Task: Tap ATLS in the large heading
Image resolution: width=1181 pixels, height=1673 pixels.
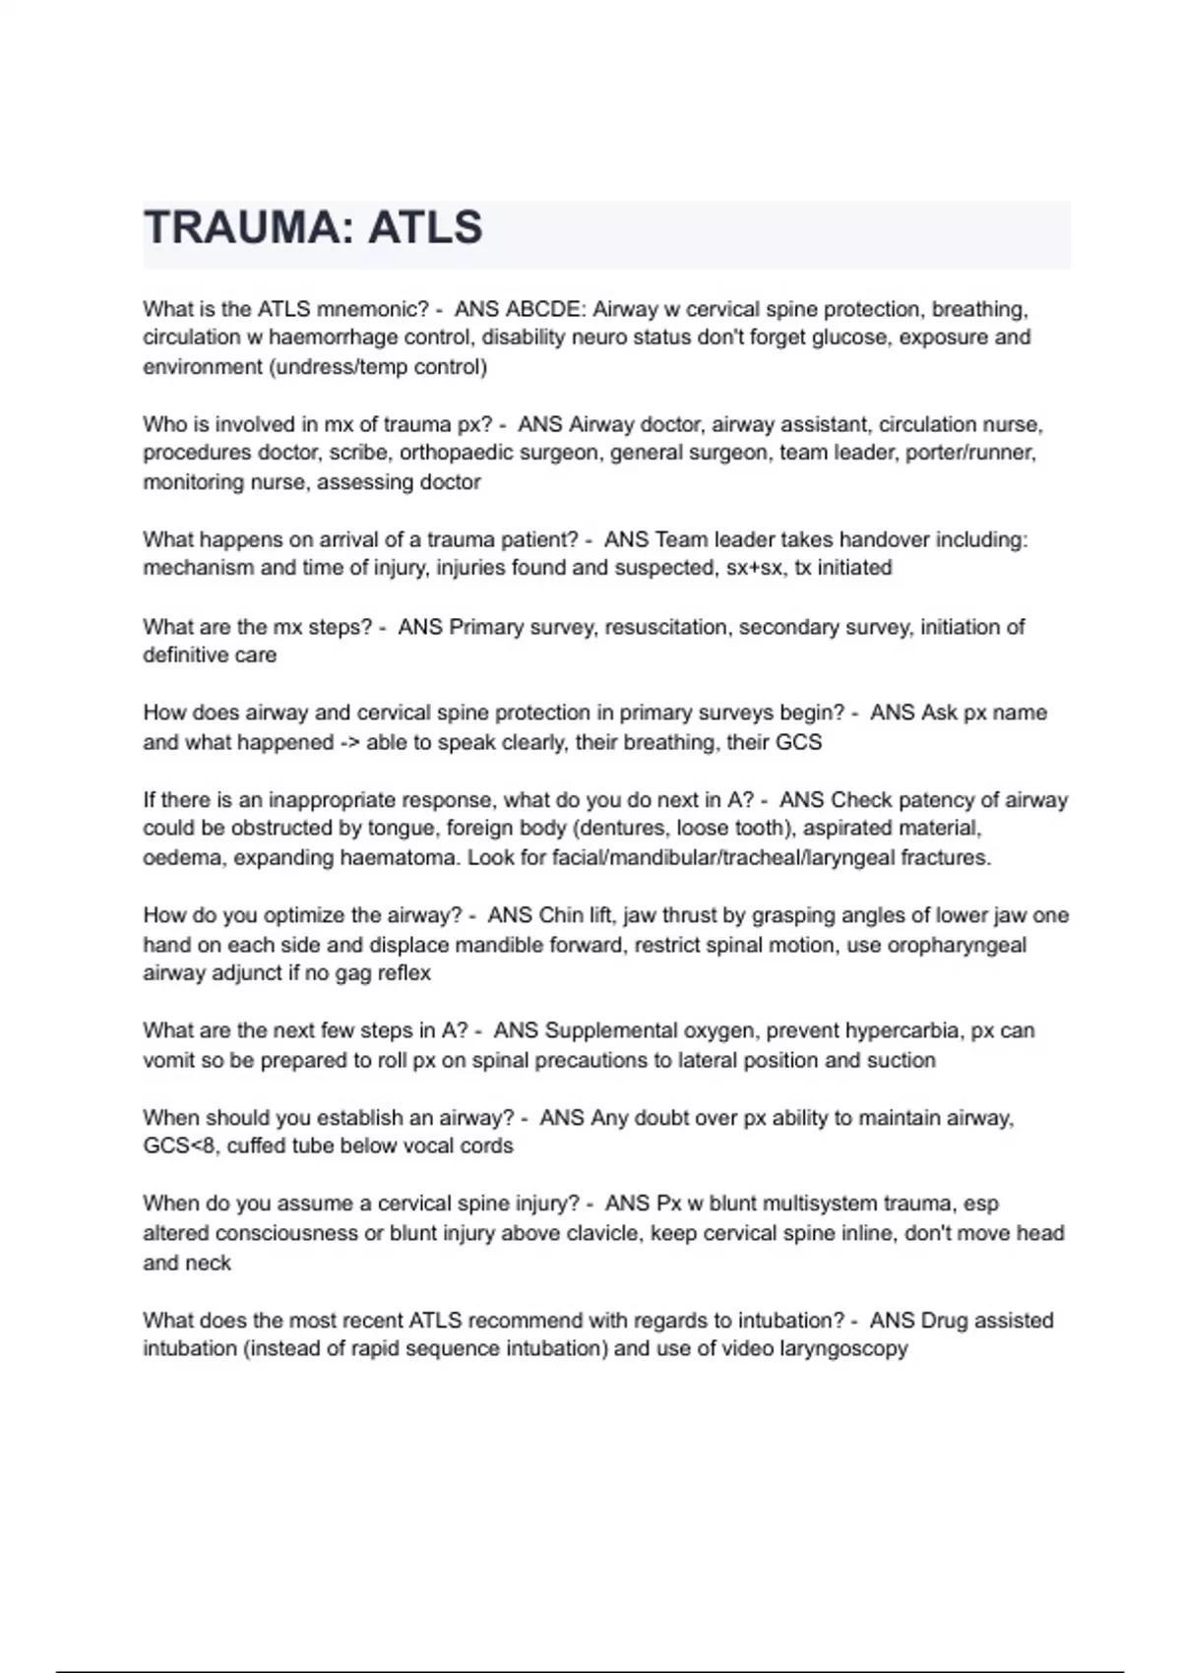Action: (x=425, y=228)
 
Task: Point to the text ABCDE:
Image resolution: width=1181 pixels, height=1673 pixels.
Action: (x=545, y=309)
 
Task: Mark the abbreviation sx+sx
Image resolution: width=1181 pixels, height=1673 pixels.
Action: (x=754, y=568)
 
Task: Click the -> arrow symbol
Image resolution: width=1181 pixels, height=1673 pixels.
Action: (x=349, y=743)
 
